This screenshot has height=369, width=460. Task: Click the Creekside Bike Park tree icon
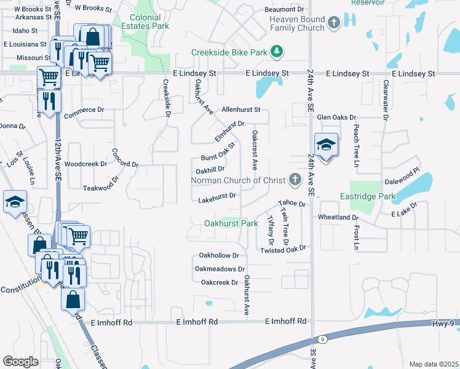pos(277,52)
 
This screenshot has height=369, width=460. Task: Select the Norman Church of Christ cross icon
pos(295,180)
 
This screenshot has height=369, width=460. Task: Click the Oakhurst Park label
pos(231,223)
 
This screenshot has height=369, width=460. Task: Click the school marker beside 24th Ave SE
pos(326,145)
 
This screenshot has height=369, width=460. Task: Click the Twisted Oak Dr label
pos(283,249)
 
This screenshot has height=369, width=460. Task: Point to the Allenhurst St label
pos(242,109)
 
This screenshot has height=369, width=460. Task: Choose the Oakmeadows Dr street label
pos(220,269)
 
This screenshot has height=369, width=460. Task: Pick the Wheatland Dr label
pos(338,217)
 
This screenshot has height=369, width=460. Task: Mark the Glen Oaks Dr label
pos(336,117)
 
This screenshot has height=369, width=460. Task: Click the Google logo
pos(20,361)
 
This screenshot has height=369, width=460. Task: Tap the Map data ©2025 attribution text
pos(434,364)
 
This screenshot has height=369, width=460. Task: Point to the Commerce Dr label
pos(84,109)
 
